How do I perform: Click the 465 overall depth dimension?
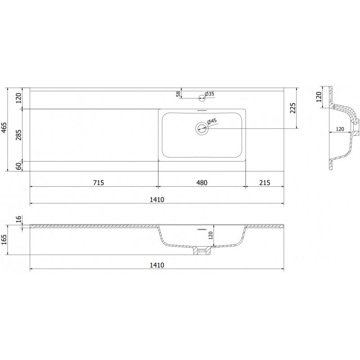(x=4, y=128)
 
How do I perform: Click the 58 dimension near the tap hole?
(x=179, y=94)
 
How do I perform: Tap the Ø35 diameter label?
(x=210, y=94)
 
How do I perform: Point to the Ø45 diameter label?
(x=212, y=121)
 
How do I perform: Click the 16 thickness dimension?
(x=18, y=219)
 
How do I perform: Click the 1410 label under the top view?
(x=157, y=199)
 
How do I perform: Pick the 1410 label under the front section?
(x=157, y=265)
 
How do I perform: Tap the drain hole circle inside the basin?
(x=202, y=129)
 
